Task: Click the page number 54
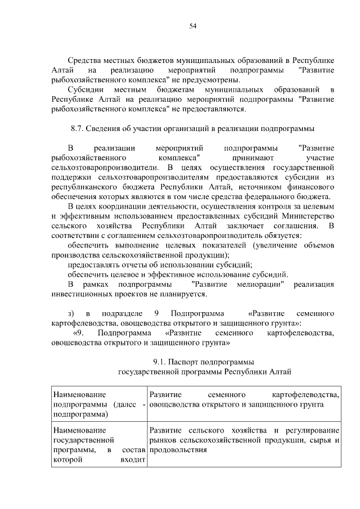[192, 26]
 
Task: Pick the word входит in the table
[133, 460]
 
